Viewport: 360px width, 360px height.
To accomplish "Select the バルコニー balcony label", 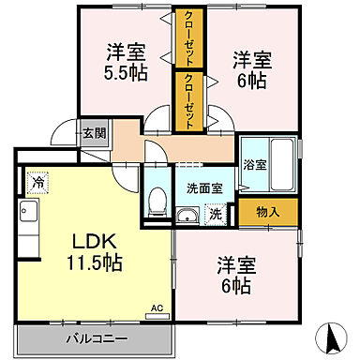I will [97, 337].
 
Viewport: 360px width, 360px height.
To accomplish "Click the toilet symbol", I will [158, 199].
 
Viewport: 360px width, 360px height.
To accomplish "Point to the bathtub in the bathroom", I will [280, 154].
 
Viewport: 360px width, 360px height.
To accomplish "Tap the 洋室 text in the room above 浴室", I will [250, 60].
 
